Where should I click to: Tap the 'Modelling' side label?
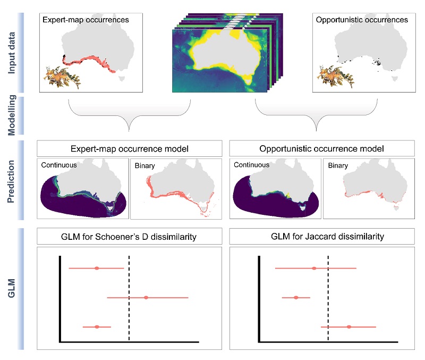pos(12,113)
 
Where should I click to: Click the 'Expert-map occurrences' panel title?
pos(84,20)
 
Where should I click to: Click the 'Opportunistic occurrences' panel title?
pos(361,20)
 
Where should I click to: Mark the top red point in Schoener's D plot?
pos(97,268)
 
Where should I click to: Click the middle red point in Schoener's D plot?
pos(146,298)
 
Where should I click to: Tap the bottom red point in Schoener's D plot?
pos(97,327)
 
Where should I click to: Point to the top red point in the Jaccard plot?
pos(314,268)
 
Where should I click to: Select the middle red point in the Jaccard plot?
pos(296,298)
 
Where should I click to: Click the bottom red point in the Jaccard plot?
pos(348,327)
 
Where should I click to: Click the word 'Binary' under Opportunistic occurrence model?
pos(338,165)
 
